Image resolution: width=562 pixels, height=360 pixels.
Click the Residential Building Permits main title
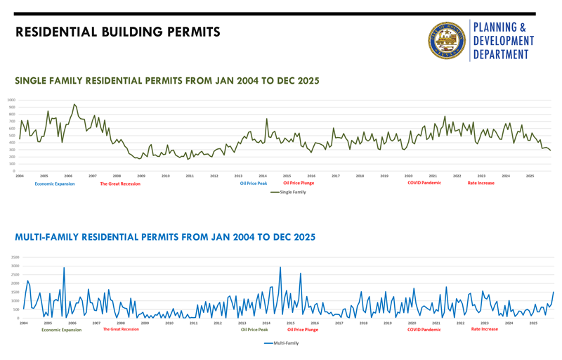[x=118, y=32]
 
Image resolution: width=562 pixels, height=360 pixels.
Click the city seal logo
[x=447, y=40]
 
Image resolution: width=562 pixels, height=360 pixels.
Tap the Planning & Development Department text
[x=503, y=40]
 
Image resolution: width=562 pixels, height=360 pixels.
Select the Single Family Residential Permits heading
[x=167, y=81]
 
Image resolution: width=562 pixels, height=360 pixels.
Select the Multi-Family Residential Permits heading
[x=165, y=237]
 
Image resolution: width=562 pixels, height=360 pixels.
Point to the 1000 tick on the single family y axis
[x=11, y=100]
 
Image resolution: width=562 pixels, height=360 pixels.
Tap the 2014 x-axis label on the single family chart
[x=263, y=176]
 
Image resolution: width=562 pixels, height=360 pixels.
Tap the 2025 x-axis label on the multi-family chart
[x=533, y=323]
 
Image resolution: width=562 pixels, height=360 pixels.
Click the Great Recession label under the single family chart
[x=119, y=184]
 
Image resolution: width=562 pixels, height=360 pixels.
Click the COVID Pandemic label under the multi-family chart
[x=424, y=329]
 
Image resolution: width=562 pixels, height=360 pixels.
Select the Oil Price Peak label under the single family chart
[x=254, y=184]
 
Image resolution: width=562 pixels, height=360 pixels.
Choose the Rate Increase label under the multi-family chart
[x=484, y=329]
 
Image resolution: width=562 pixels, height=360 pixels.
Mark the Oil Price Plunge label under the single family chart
[x=299, y=184]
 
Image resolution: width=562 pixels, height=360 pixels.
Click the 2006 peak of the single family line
[x=74, y=105]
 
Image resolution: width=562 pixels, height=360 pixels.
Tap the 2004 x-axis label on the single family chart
[x=20, y=176]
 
